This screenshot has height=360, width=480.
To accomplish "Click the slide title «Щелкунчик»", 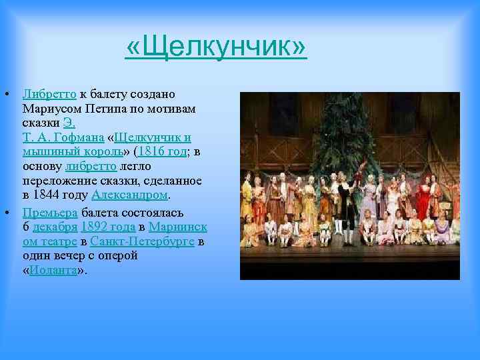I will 216,48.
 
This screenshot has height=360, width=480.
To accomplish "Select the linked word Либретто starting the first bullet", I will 50,94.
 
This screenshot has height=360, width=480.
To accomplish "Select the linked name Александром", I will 129,195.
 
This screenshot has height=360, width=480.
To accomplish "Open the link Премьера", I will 50,213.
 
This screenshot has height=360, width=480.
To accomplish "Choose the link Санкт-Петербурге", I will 143,241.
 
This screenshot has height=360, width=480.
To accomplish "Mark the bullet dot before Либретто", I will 6,94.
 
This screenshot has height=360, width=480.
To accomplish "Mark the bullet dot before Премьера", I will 6,213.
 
